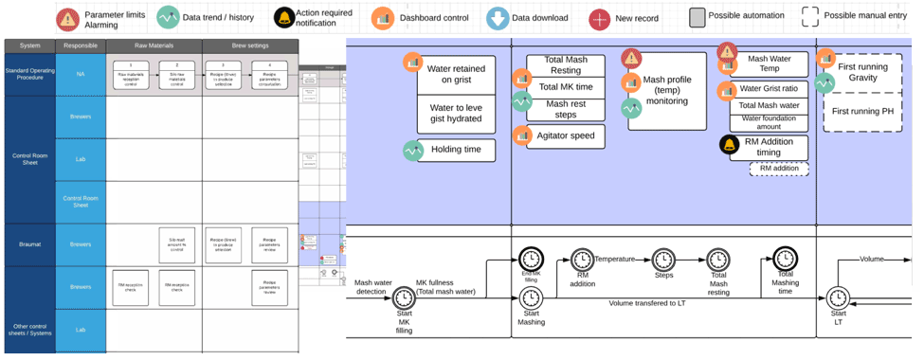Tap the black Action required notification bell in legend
point(283,18)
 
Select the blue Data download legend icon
point(497,18)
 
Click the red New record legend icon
point(599,18)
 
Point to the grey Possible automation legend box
point(698,17)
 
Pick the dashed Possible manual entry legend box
point(810,17)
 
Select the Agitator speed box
point(566,135)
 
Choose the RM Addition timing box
point(769,146)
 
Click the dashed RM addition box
point(778,169)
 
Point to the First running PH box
point(863,111)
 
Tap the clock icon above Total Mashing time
point(785,258)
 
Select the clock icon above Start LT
point(838,298)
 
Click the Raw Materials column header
point(153,45)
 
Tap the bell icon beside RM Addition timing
point(728,145)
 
